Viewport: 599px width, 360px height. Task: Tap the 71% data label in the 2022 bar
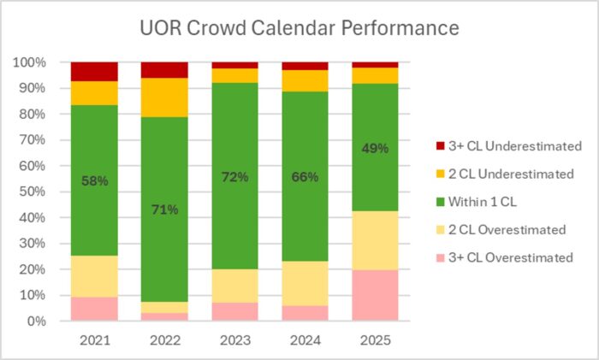tap(165, 210)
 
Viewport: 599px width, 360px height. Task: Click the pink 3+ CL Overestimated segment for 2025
tap(375, 296)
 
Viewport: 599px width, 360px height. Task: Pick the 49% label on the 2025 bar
tap(375, 148)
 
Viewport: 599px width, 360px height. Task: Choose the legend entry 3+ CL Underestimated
tap(503, 146)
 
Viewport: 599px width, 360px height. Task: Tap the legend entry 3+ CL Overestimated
tap(502, 257)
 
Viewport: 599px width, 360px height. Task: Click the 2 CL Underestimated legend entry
tap(501, 174)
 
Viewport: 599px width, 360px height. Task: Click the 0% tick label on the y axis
tap(37, 322)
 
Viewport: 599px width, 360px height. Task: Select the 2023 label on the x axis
tap(234, 339)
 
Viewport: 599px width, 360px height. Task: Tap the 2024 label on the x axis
tap(305, 339)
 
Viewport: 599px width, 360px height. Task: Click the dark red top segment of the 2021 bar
tap(94, 71)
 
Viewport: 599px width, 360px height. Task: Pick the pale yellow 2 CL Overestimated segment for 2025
tap(375, 240)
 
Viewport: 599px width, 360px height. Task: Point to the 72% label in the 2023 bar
tap(235, 177)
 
